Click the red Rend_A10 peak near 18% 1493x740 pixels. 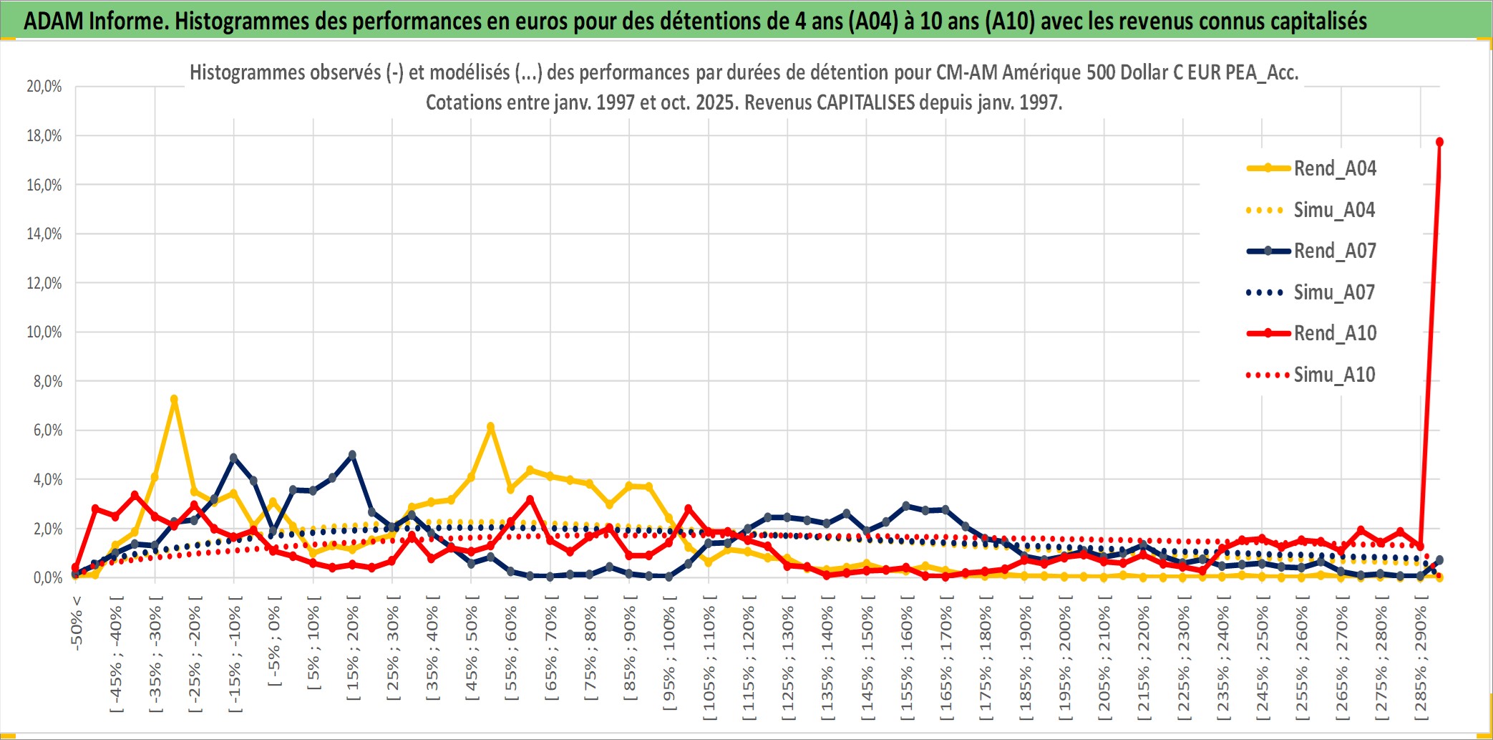pyautogui.click(x=1439, y=142)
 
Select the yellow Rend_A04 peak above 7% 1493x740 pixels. pyautogui.click(x=174, y=399)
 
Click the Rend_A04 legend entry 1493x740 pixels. pyautogui.click(x=1334, y=168)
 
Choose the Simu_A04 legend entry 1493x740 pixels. pyautogui.click(x=1334, y=210)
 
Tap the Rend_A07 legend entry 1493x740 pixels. pyautogui.click(x=1334, y=251)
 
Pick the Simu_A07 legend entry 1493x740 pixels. pyautogui.click(x=1334, y=292)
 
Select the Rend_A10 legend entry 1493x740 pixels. pyautogui.click(x=1334, y=333)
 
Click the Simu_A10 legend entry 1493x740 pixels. pyautogui.click(x=1334, y=375)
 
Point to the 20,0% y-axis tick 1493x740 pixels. pyautogui.click(x=44, y=87)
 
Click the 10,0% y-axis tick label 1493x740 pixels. pyautogui.click(x=44, y=332)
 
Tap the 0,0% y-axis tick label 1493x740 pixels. pyautogui.click(x=47, y=577)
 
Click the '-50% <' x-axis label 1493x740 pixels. pyautogui.click(x=77, y=623)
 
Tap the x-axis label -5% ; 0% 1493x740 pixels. pyautogui.click(x=274, y=641)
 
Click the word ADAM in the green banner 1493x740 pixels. pyautogui.click(x=54, y=21)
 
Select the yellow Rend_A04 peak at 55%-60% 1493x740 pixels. pyautogui.click(x=490, y=427)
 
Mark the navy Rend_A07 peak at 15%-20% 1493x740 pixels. pyautogui.click(x=352, y=455)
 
